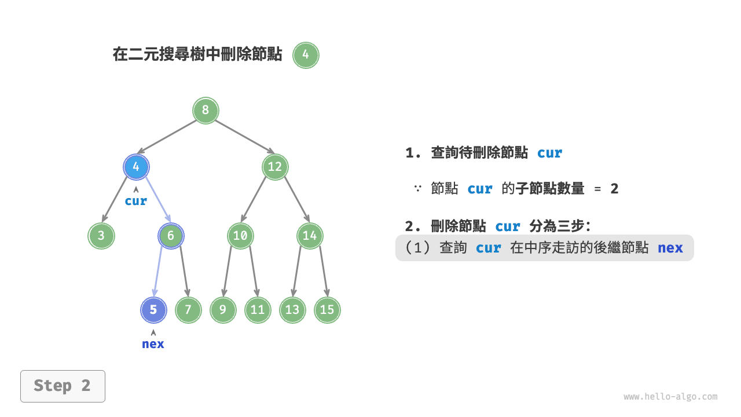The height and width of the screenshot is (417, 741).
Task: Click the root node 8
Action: tap(206, 110)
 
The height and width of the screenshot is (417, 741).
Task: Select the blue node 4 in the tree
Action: tap(136, 167)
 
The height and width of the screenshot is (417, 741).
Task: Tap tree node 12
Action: tap(275, 167)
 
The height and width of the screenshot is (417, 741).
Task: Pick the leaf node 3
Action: tap(101, 236)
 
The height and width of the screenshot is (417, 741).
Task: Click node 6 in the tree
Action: tap(171, 236)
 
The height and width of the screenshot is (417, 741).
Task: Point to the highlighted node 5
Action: tap(153, 310)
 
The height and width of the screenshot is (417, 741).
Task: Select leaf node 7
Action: tap(188, 310)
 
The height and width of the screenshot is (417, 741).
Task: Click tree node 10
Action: tap(240, 236)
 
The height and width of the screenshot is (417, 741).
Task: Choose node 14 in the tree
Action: tap(310, 236)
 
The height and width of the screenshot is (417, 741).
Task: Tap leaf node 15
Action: tap(327, 310)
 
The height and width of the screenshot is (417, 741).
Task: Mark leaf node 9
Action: tap(223, 310)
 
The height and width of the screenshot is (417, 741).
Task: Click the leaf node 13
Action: tap(292, 310)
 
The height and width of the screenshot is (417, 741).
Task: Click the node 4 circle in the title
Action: tap(306, 56)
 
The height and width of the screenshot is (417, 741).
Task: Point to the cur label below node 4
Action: tap(136, 201)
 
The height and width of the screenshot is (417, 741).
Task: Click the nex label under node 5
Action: tap(153, 344)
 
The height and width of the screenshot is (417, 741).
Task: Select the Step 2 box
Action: tap(63, 386)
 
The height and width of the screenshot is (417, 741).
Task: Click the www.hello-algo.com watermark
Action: tap(670, 397)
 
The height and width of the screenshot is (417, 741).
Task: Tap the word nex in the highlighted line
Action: tap(670, 248)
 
